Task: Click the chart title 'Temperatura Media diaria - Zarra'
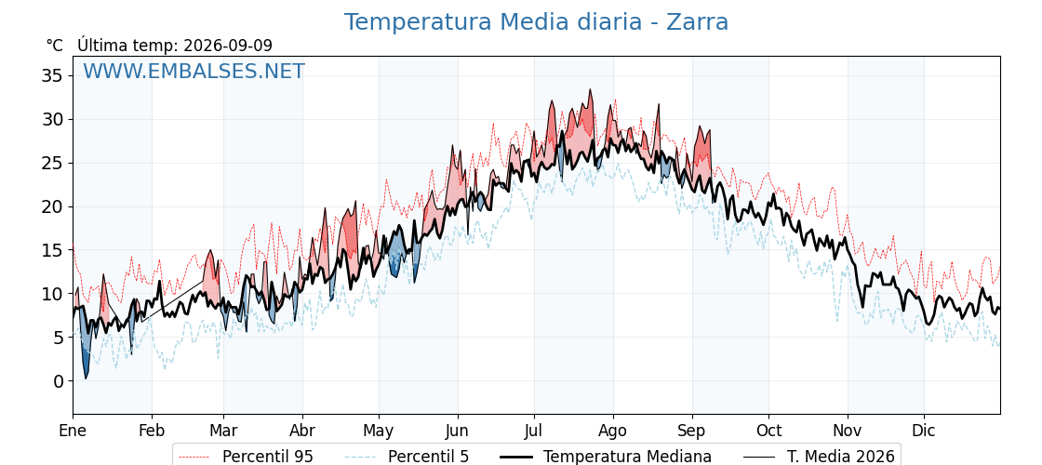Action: tap(536, 22)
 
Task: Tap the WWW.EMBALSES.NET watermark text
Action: tap(194, 71)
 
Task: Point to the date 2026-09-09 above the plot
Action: tap(228, 46)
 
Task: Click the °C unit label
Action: tap(55, 46)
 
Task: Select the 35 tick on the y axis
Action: tap(53, 75)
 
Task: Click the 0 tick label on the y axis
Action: tap(59, 381)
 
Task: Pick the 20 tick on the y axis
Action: tap(53, 206)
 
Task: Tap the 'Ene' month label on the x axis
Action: tap(73, 432)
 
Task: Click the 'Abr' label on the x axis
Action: tap(302, 432)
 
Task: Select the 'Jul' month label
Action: tap(534, 432)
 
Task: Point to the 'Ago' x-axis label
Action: tap(613, 432)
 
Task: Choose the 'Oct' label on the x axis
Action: tap(768, 432)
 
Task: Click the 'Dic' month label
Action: tap(924, 432)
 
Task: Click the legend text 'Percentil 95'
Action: tap(268, 457)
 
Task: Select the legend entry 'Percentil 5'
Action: tap(429, 457)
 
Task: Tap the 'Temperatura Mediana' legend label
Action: tap(627, 457)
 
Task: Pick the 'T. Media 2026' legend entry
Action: tap(841, 457)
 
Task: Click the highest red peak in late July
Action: tap(590, 90)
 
